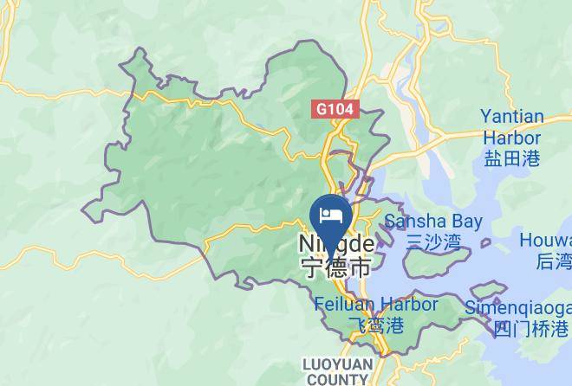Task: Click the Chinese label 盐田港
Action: pos(511,158)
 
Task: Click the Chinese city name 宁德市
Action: pos(335,267)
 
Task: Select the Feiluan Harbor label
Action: pos(375,305)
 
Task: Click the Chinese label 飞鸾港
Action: pos(375,325)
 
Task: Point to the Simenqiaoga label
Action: pos(518,308)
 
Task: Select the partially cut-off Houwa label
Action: pos(545,240)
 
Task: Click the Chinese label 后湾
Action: pos(553,261)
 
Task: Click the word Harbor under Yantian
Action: pos(511,138)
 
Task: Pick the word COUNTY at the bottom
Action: pos(335,379)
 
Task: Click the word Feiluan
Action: pos(345,305)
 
